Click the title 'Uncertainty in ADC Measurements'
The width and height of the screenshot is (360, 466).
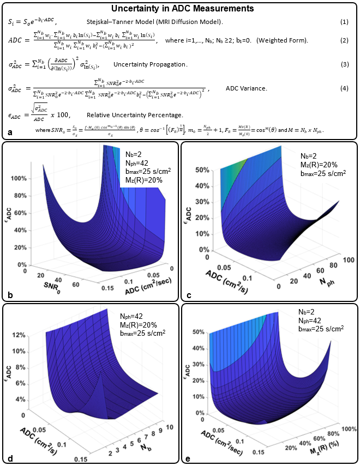(x=179, y=9)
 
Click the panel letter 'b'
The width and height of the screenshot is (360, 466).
(x=10, y=295)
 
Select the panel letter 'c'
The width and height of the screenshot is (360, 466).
(x=188, y=295)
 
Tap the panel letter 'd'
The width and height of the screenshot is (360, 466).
(x=10, y=458)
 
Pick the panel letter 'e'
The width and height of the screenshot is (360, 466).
(x=188, y=458)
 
